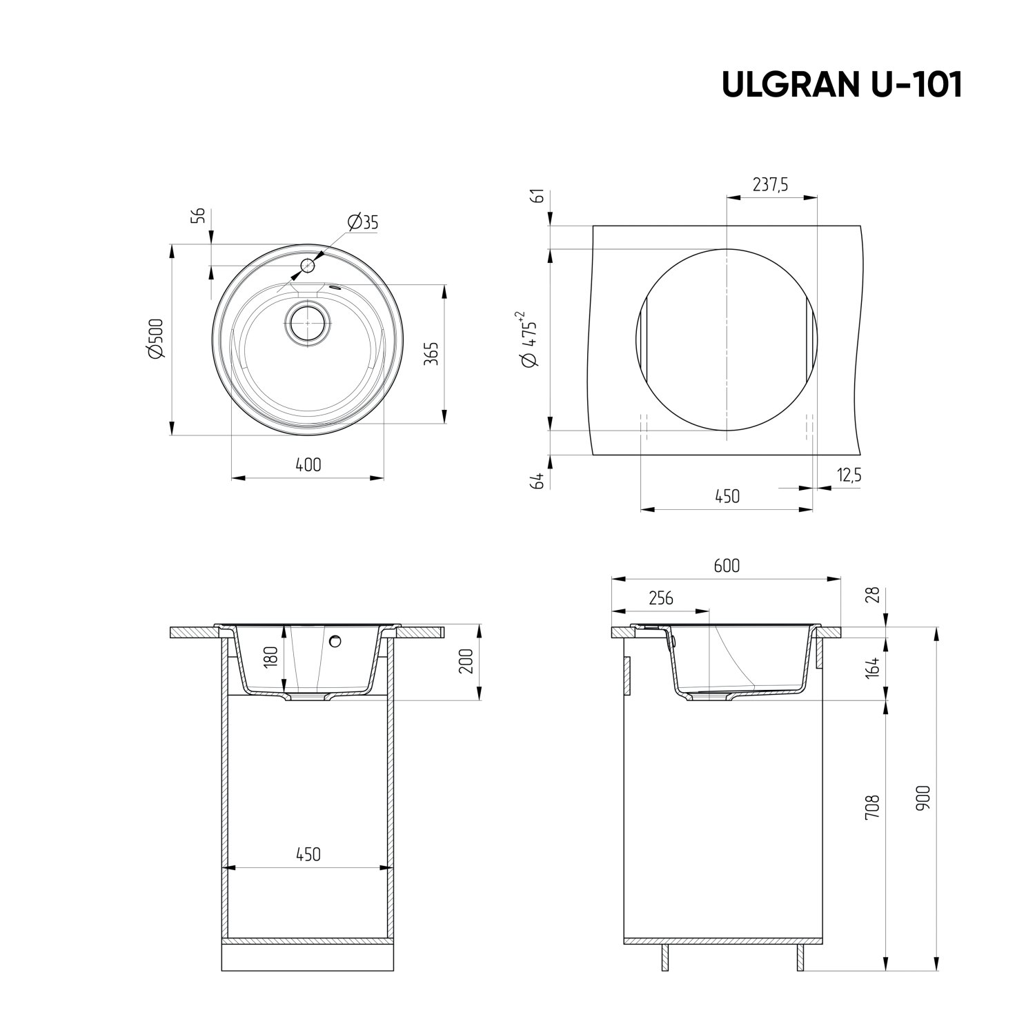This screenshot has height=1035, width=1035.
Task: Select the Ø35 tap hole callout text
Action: coord(363,222)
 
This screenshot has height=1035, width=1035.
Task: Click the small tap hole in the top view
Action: coord(307,265)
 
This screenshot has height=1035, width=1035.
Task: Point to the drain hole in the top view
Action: coord(307,322)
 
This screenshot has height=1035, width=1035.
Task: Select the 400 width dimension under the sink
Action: coord(308,464)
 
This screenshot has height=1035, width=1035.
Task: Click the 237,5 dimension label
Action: coord(771,185)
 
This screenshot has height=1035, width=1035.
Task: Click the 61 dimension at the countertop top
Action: coord(539,195)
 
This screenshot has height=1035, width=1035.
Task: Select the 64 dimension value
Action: coord(539,480)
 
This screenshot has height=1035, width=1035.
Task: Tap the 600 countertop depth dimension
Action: coord(727,566)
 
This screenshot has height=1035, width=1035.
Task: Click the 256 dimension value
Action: coord(660,598)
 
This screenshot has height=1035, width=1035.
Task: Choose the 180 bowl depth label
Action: coord(270,655)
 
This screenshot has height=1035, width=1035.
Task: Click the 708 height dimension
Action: coord(872,806)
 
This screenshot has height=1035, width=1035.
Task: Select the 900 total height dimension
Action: coord(924,797)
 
